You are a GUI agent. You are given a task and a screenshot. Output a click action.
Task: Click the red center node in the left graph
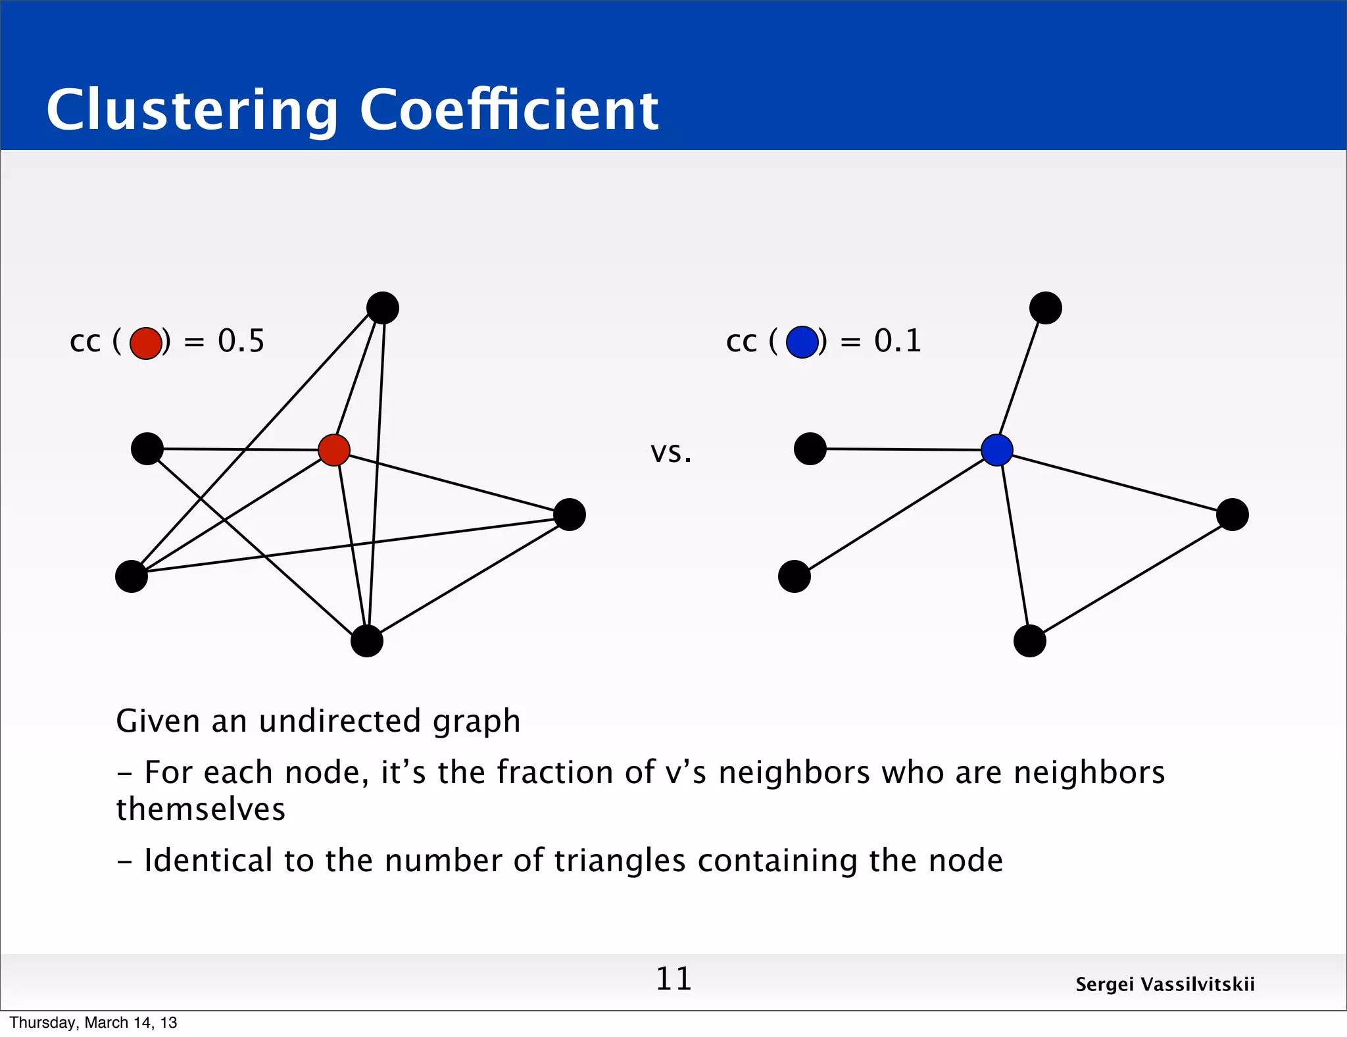click(x=334, y=450)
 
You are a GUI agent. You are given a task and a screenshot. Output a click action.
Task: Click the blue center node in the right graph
click(x=996, y=450)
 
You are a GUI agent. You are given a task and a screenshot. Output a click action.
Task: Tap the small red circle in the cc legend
click(x=145, y=343)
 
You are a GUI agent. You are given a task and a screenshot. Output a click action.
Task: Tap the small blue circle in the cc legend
click(x=802, y=342)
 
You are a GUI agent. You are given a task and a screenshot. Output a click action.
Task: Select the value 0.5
click(x=241, y=341)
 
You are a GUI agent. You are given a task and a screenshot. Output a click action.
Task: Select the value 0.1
click(x=897, y=341)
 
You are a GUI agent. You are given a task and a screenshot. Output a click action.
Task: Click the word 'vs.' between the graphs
click(x=671, y=453)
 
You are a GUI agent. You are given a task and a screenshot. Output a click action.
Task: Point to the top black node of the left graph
click(x=383, y=308)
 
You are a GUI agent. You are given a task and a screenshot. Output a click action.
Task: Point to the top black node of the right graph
click(x=1046, y=308)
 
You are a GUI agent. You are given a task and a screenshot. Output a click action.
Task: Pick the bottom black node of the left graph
click(x=367, y=641)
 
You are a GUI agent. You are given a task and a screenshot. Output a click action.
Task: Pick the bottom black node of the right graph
click(x=1030, y=641)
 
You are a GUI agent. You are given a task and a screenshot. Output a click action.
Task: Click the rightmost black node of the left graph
click(x=570, y=515)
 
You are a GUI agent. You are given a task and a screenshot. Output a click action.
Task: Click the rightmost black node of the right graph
click(x=1233, y=515)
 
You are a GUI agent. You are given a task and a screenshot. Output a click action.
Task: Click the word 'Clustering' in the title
click(x=192, y=111)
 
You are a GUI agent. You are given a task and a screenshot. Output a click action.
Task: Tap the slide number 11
click(x=673, y=979)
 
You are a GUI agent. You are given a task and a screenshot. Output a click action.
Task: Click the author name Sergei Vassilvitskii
click(x=1165, y=984)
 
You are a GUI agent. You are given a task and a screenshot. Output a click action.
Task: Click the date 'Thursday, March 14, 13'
click(x=93, y=1023)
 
